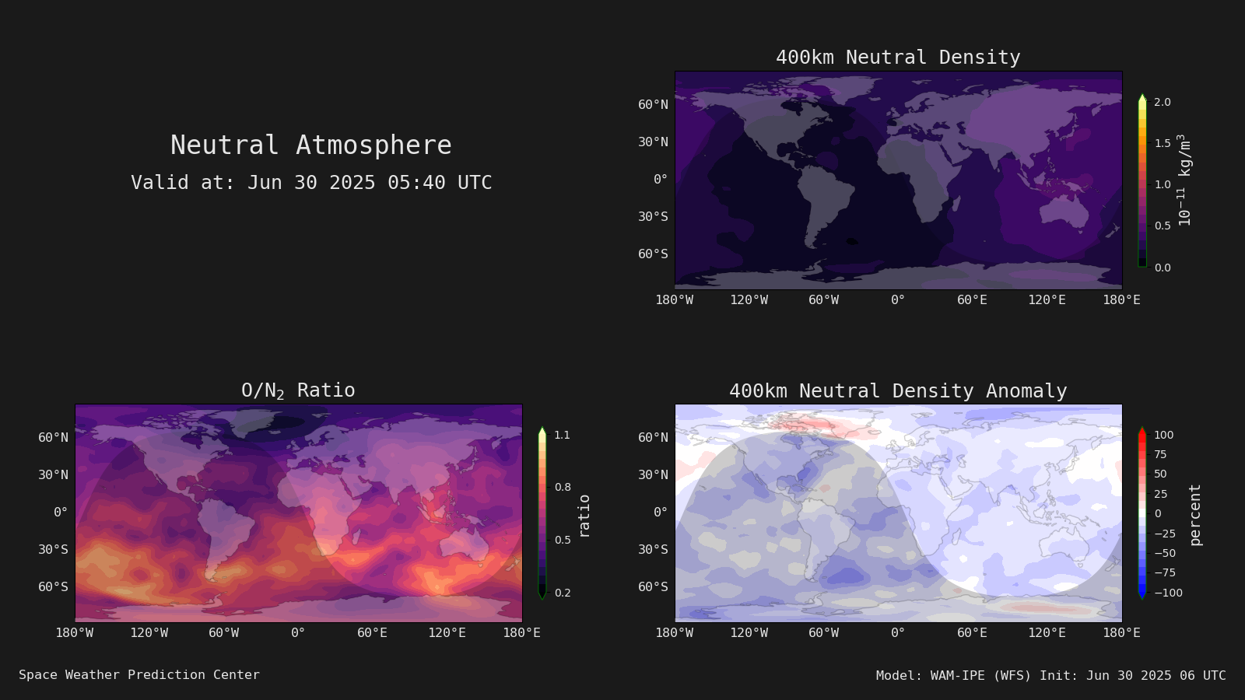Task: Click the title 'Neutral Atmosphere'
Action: coord(311,145)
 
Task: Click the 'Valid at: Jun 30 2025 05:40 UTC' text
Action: coord(311,182)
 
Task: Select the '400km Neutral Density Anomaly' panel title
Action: coord(898,391)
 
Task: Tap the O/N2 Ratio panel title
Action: coord(298,390)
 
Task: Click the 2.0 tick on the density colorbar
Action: coord(1163,102)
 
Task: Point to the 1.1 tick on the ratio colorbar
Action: coord(563,435)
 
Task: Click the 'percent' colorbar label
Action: coord(1195,515)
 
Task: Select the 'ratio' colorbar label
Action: coord(584,516)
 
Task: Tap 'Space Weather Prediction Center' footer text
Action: coord(139,675)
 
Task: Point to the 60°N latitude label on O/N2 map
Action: coord(54,438)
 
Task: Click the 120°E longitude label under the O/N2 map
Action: coord(447,633)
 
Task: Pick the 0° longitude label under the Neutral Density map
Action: coord(898,300)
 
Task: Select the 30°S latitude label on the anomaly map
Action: coord(653,549)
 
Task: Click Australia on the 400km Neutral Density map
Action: coord(1063,213)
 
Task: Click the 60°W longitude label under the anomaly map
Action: coord(824,633)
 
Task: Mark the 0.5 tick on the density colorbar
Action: coord(1163,226)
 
